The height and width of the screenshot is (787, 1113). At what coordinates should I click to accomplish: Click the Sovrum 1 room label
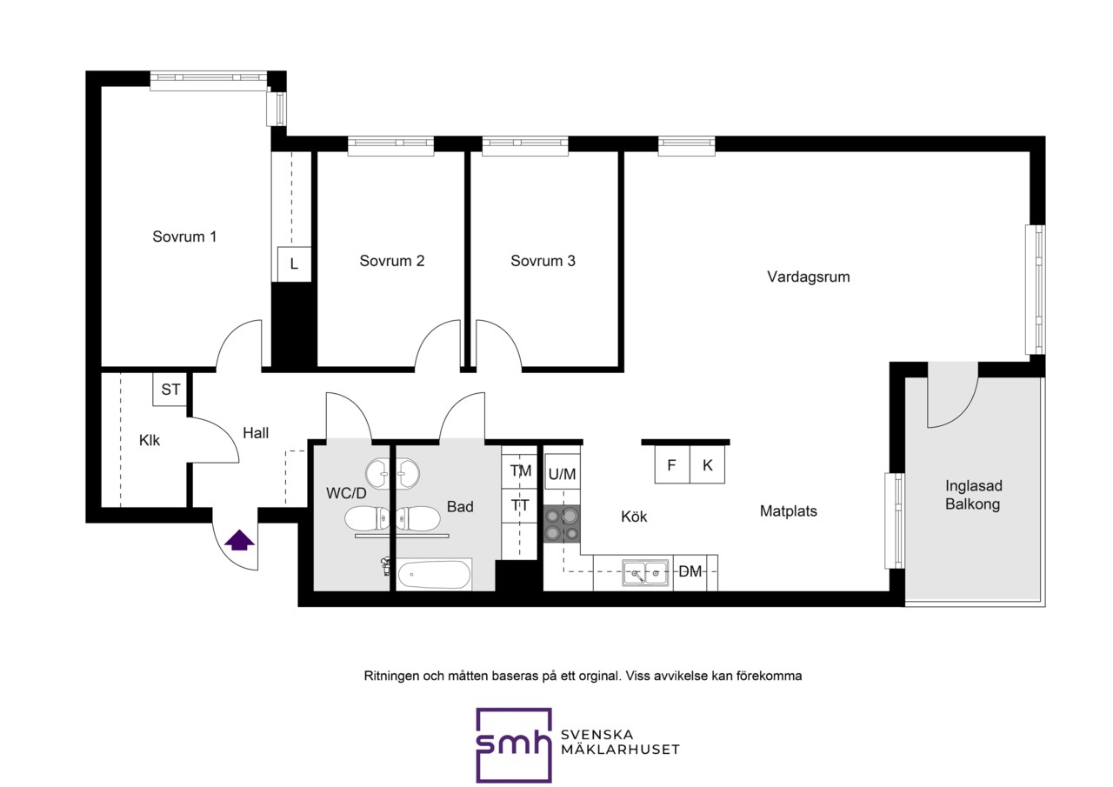point(184,237)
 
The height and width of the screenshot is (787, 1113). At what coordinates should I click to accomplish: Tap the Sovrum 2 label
point(392,261)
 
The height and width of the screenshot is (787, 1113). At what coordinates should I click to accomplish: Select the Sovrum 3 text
point(543,261)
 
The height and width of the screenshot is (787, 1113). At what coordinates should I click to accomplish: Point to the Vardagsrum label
point(809,277)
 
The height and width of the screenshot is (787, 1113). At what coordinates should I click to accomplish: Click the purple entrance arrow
point(239,540)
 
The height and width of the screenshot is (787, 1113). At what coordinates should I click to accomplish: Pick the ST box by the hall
point(170,389)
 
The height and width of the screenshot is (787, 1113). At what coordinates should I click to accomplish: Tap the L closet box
point(294,263)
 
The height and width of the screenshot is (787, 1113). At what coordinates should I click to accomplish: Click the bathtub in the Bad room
point(434,575)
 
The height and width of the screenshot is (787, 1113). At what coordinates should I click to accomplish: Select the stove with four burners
point(562,524)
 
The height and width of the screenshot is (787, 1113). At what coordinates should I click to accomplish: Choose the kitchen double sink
point(645,573)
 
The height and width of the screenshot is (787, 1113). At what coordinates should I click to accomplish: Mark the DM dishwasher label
point(690,572)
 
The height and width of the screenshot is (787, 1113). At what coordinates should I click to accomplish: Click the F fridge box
point(672,465)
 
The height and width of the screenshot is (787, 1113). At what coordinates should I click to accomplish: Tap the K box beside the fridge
point(708,465)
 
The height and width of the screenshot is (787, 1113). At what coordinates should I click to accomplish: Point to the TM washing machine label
point(520,470)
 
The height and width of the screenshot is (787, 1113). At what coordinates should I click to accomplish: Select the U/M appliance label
point(562,474)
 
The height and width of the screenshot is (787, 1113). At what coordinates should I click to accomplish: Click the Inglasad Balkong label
point(973,495)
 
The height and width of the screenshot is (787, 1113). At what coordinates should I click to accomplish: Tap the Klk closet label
point(149,440)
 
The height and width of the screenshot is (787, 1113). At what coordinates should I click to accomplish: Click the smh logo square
point(514,745)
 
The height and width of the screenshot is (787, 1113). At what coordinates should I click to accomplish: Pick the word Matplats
point(789,510)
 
